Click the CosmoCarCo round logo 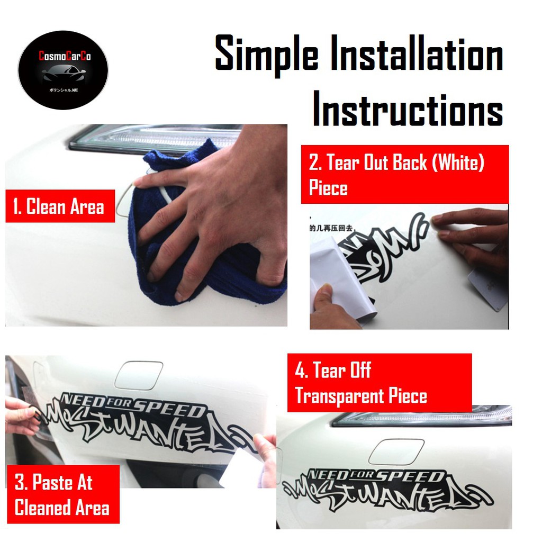63,70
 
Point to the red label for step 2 404,174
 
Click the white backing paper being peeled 342,278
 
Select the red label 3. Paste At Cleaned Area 62,494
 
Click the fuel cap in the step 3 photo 138,374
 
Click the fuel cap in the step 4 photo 396,451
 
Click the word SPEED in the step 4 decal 421,476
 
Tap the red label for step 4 379,383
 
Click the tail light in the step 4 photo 423,416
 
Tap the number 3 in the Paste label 21,483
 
